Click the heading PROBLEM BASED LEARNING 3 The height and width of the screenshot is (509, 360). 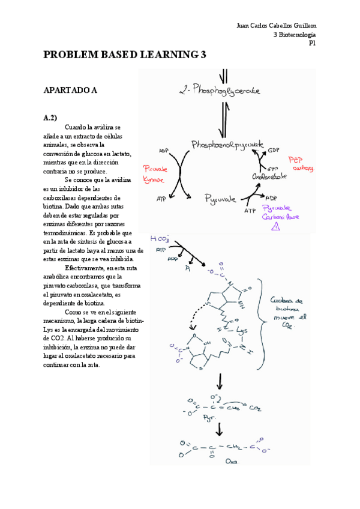(x=125, y=55)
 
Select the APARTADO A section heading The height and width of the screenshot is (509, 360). (x=70, y=91)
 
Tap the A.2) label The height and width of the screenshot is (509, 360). (x=50, y=118)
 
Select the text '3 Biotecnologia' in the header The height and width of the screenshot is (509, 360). (x=294, y=34)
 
